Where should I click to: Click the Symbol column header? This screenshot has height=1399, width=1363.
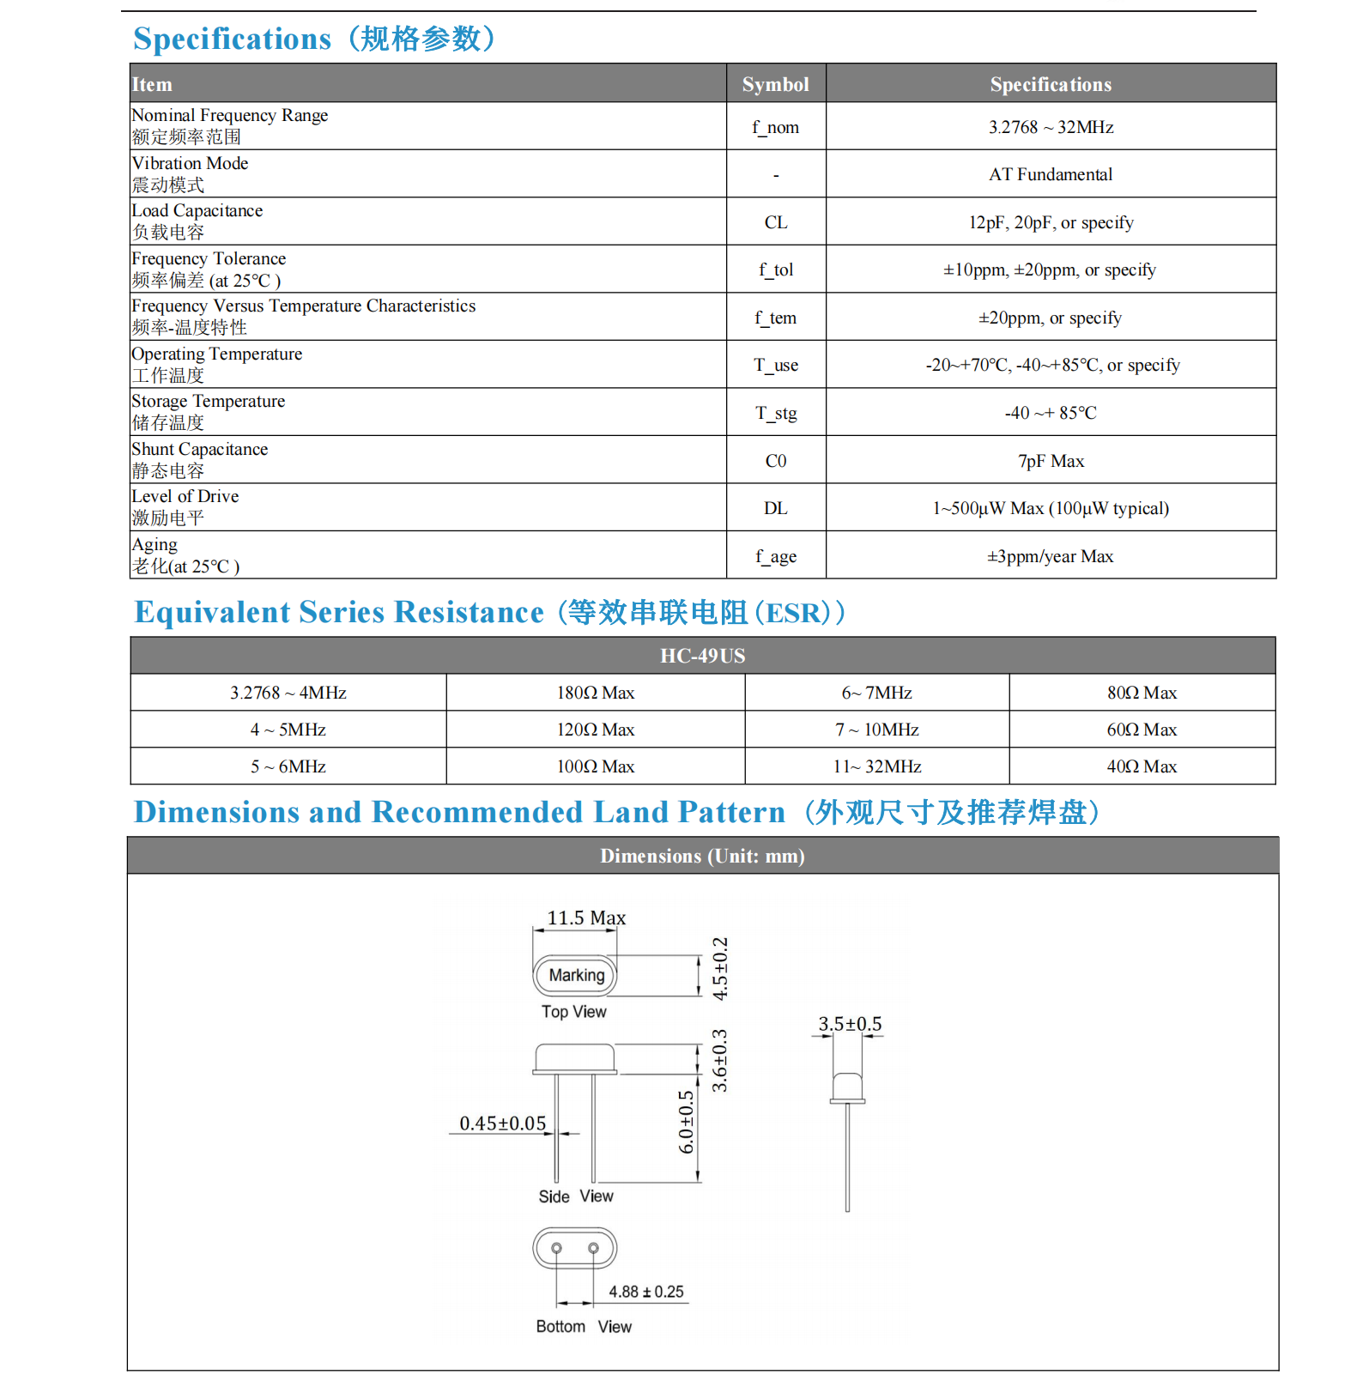pyautogui.click(x=775, y=84)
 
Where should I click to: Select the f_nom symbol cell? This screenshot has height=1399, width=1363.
pyautogui.click(x=775, y=127)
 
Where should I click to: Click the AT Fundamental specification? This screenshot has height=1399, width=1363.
pyautogui.click(x=1050, y=174)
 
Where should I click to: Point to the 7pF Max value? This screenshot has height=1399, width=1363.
pyautogui.click(x=1051, y=461)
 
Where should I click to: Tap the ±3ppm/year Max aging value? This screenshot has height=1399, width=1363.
pyautogui.click(x=1050, y=556)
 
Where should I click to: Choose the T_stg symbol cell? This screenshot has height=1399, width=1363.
pyautogui.click(x=775, y=413)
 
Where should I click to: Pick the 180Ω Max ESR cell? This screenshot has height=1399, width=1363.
pyautogui.click(x=595, y=693)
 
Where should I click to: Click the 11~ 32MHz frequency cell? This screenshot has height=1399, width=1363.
pyautogui.click(x=876, y=766)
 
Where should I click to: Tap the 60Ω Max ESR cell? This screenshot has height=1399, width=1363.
pyautogui.click(x=1141, y=730)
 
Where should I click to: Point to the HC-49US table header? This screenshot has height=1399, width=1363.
pyautogui.click(x=702, y=656)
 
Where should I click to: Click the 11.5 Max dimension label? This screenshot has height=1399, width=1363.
pyautogui.click(x=586, y=918)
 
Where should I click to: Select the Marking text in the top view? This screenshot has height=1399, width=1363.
pyautogui.click(x=576, y=975)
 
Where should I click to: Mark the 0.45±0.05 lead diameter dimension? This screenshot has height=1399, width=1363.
pyautogui.click(x=502, y=1123)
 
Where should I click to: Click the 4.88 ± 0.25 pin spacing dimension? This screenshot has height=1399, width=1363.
pyautogui.click(x=645, y=1292)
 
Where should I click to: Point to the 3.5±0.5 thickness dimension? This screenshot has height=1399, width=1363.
pyautogui.click(x=849, y=1024)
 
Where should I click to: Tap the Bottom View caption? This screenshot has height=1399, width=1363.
pyautogui.click(x=583, y=1327)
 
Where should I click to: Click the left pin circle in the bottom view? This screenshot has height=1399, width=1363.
pyautogui.click(x=556, y=1248)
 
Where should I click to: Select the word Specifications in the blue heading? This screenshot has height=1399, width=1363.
pyautogui.click(x=232, y=39)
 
